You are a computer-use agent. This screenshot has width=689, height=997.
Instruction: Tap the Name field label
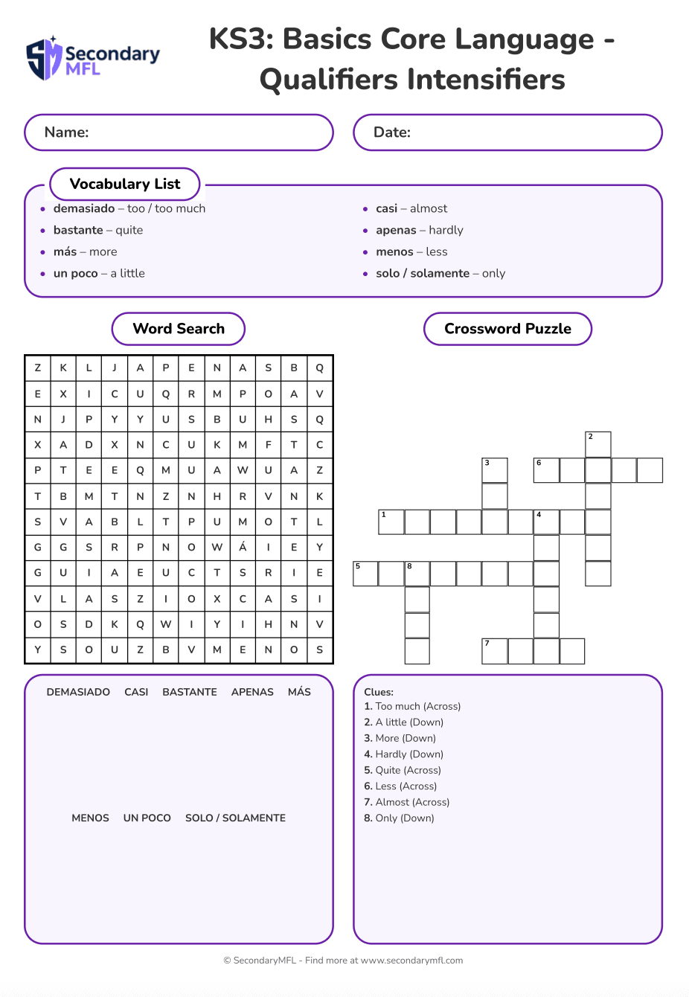pos(66,132)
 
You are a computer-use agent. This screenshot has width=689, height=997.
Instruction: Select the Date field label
pos(391,132)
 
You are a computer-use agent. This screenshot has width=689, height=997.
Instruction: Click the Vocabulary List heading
pos(125,184)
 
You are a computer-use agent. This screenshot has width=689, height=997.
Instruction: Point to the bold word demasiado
pos(84,208)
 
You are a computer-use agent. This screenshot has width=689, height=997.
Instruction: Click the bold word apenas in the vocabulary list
pos(396,230)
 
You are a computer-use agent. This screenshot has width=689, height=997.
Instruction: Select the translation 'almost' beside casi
pos(429,208)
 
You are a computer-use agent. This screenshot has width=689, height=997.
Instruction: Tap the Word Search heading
pos(179,329)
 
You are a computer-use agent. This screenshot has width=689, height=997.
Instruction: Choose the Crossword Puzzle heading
pos(507,329)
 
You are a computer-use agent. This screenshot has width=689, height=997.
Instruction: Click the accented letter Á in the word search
pos(243,547)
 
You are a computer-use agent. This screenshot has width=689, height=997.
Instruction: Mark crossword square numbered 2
pos(598,444)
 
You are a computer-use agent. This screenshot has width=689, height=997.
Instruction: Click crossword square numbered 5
pos(365,574)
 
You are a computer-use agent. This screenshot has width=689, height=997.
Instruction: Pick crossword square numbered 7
pos(495,651)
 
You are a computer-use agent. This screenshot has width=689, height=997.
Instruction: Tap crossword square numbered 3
pos(495,470)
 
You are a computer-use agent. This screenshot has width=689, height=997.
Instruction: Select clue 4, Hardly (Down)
pos(403,754)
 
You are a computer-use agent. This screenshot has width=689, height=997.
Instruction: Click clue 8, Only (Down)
pos(399,818)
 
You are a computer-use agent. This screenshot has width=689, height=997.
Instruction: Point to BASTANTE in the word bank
pos(190,692)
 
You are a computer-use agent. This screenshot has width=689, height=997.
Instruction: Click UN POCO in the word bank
pos(147,818)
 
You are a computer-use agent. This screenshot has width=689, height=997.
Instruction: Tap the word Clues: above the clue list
pos(379,692)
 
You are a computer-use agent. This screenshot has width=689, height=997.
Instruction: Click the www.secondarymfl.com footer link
pos(411,961)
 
